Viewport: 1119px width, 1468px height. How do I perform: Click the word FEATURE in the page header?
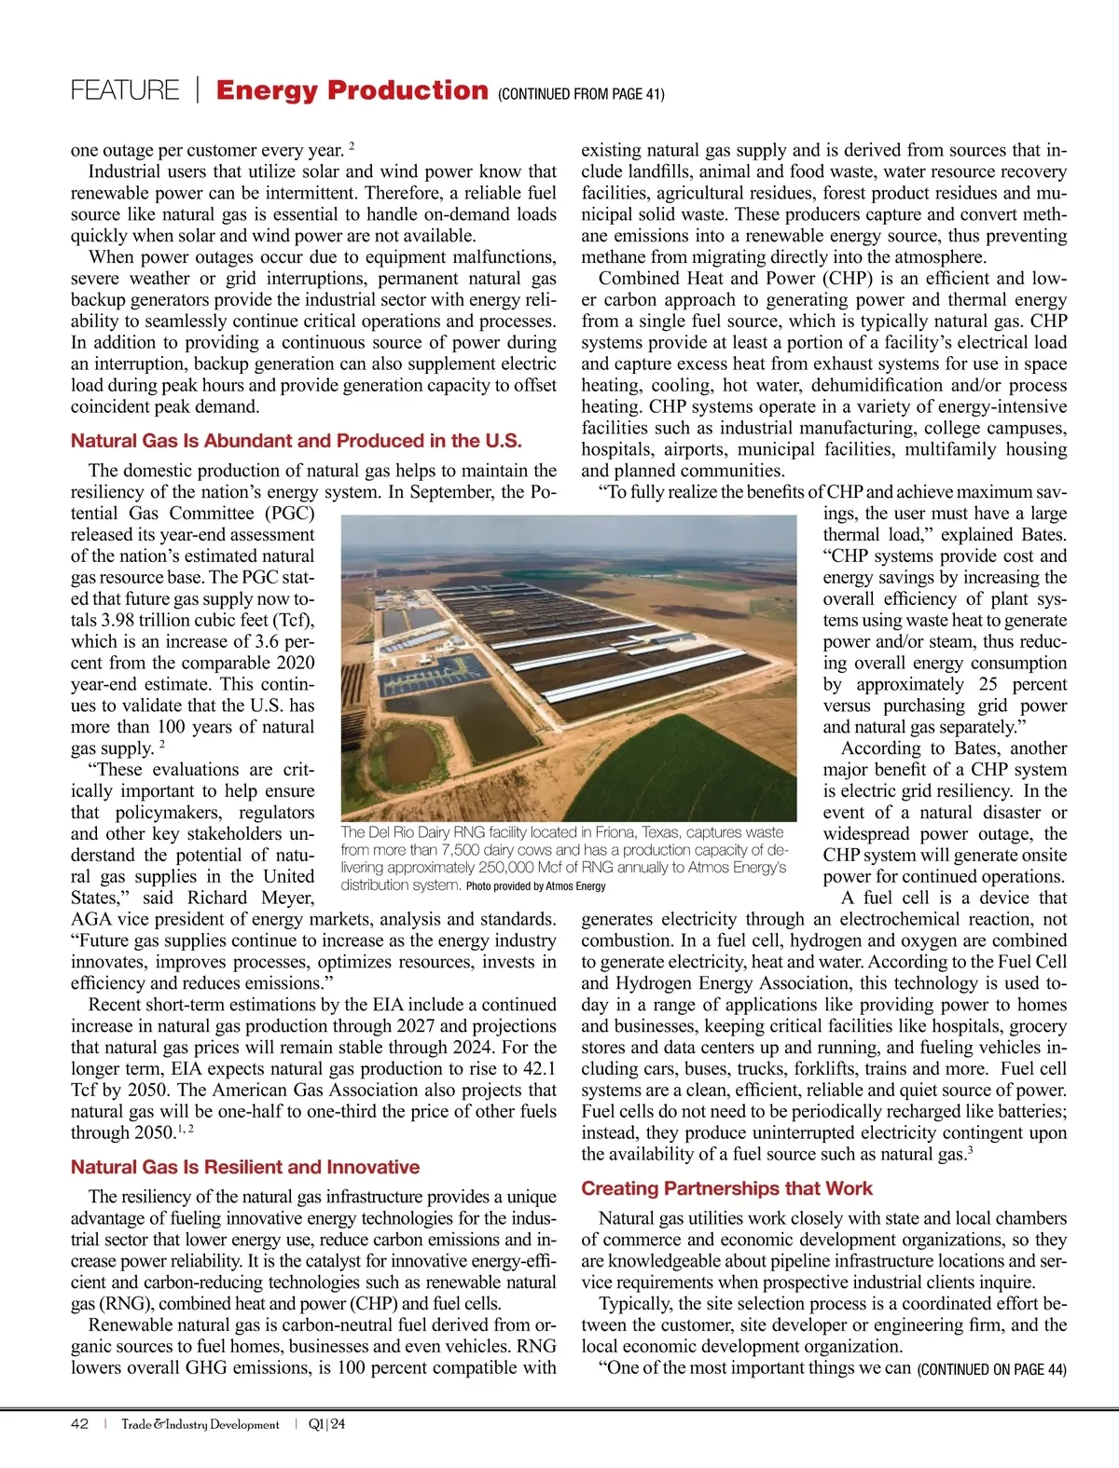124,90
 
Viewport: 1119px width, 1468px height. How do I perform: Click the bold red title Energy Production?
352,90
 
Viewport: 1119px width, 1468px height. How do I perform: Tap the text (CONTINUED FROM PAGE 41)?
581,94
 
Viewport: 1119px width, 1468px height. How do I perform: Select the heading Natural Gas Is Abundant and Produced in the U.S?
296,441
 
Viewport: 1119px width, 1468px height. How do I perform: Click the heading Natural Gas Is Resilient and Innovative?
245,1167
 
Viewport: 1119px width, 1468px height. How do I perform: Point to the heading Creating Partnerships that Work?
726,1188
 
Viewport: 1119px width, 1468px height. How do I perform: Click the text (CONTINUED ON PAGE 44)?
992,1369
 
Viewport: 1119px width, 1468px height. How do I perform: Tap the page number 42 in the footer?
80,1424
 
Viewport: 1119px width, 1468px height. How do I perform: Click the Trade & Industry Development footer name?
200,1424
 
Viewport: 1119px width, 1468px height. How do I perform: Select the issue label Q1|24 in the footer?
326,1424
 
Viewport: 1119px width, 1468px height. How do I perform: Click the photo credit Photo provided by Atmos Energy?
536,886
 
